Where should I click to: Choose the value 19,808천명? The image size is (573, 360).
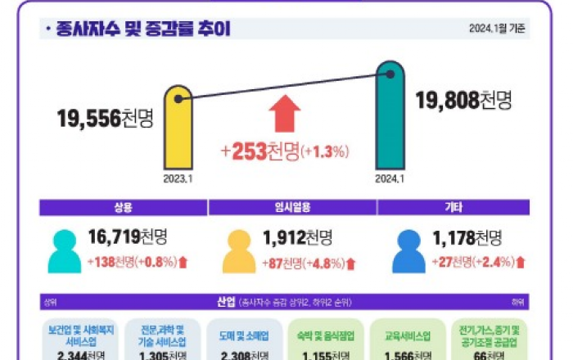[x=463, y=100]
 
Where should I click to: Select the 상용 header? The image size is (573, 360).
[x=123, y=208]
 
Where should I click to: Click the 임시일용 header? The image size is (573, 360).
[x=286, y=208]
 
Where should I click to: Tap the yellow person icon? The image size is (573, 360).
[x=239, y=250]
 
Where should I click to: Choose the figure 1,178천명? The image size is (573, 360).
[x=469, y=238]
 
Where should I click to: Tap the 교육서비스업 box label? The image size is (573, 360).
[x=408, y=335]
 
